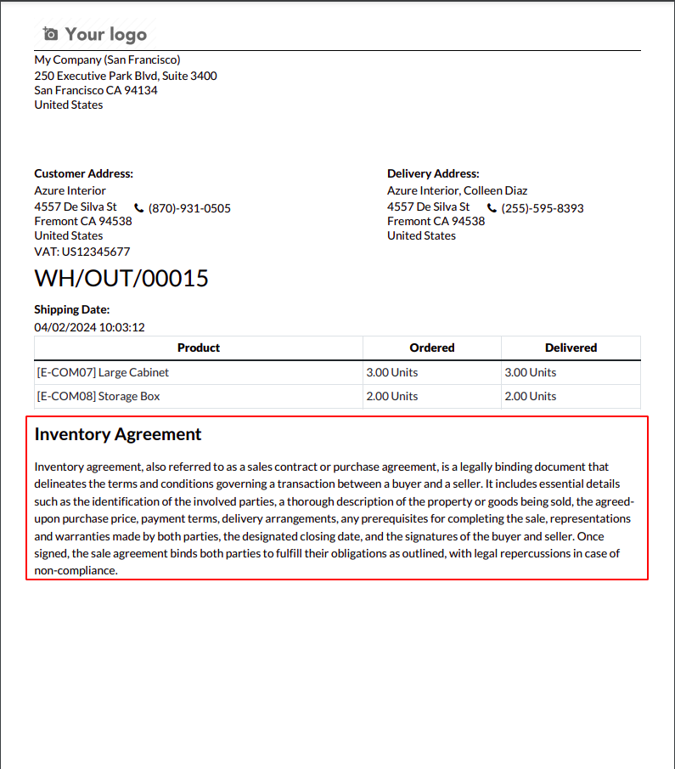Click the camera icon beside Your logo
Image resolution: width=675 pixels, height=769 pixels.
pos(51,34)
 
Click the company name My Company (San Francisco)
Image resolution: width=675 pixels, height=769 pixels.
pos(107,60)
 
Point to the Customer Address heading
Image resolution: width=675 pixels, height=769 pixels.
pos(83,173)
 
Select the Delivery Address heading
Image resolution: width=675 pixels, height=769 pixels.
pos(433,173)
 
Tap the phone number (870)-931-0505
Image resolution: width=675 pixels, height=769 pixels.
pos(189,208)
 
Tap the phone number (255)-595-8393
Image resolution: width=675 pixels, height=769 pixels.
pos(543,208)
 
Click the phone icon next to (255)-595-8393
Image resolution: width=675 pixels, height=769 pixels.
pos(492,208)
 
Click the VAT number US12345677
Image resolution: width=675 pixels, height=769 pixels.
pos(95,252)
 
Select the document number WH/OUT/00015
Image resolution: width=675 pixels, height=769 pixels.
pos(121,279)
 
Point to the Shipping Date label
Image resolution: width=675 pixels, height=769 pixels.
pos(72,310)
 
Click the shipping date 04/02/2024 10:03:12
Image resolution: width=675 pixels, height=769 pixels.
pos(89,327)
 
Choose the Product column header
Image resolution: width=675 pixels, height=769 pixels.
pos(199,348)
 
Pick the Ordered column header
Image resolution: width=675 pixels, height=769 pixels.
pos(432,348)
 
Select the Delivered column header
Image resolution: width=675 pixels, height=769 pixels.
pos(571,348)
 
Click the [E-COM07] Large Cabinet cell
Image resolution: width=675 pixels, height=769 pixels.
pos(103,372)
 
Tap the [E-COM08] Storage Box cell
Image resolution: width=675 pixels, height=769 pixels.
pos(98,396)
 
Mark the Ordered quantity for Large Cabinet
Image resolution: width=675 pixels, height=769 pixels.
pos(392,372)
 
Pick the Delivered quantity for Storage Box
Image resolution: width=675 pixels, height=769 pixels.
pos(531,396)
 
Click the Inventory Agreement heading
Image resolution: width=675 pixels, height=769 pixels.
pos(118,434)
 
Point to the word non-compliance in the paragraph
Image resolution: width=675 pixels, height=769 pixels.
pos(75,570)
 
